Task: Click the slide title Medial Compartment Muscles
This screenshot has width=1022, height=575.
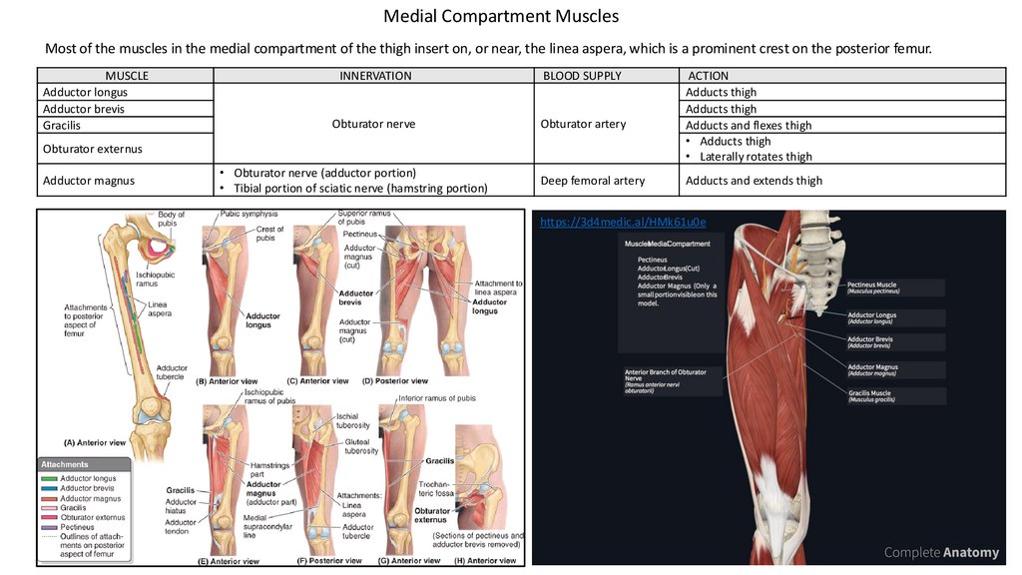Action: pos(501,17)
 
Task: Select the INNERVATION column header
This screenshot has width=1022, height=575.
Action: pos(375,76)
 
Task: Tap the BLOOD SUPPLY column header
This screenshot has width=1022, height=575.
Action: pos(582,76)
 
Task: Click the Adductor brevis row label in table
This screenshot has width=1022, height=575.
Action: pos(84,109)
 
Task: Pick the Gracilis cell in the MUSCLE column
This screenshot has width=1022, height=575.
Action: pos(62,126)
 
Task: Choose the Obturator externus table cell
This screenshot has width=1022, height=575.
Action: pos(92,149)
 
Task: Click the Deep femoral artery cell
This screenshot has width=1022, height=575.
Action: pos(593,181)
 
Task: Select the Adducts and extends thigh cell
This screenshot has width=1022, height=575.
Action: pos(754,181)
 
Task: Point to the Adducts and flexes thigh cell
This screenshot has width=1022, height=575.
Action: pos(749,126)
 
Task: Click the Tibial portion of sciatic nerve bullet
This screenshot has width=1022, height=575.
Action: pos(360,188)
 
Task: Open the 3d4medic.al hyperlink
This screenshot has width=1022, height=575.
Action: pos(623,222)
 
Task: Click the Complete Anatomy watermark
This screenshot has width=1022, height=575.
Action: pos(941,552)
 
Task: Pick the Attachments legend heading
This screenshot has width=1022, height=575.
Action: pos(65,465)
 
